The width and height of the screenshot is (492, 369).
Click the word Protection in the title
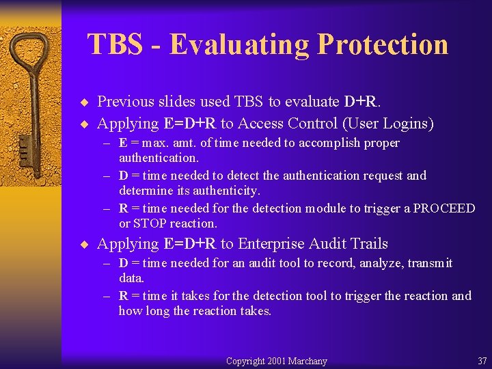tap(383, 44)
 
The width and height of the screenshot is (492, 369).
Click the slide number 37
tap(482, 361)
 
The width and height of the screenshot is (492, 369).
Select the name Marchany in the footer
tap(307, 361)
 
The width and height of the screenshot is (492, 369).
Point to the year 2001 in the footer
tap(277, 361)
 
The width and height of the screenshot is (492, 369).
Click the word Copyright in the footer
tap(246, 361)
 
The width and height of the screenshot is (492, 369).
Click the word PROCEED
tap(443, 208)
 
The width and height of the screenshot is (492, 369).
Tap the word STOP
tap(150, 223)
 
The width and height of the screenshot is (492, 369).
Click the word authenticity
tap(225, 191)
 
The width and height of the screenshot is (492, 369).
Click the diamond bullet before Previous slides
tap(85, 102)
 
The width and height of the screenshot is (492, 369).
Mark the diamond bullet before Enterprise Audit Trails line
tap(85, 245)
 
